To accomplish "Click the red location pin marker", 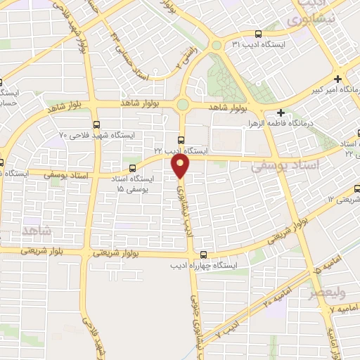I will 181,165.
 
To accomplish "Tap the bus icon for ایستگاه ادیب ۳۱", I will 259,33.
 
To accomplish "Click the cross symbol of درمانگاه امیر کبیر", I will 338,79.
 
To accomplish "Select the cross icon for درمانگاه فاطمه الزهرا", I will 281,112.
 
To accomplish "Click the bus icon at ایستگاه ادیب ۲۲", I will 181,140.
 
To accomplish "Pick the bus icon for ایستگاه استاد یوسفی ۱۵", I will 133,168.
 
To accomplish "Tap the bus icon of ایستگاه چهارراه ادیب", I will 204,255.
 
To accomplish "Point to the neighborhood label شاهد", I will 37,230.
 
